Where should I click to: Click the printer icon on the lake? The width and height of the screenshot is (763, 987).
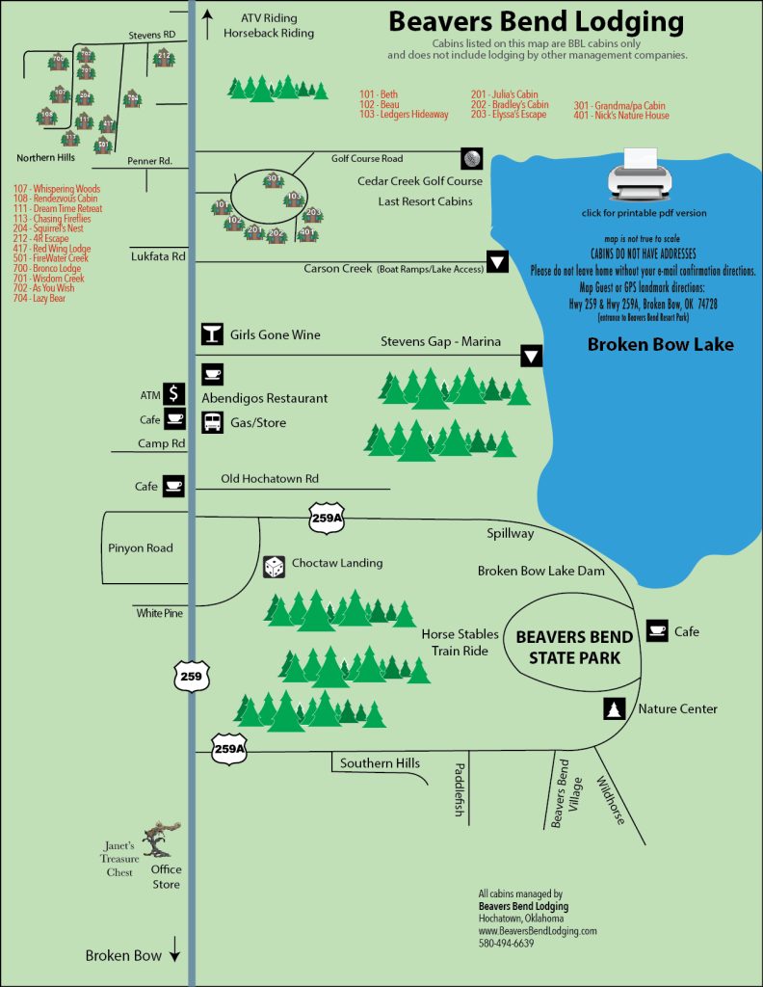pos(635,176)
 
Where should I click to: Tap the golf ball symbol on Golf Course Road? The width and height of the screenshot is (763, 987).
pos(470,158)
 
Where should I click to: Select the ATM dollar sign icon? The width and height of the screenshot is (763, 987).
pos(173,393)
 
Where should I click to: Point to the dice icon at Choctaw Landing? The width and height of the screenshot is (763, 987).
pos(275,567)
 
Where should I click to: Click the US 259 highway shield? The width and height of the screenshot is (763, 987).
pos(191,678)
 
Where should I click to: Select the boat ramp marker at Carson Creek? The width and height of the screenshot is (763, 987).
pos(497,261)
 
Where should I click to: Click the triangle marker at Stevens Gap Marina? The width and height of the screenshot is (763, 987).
pos(531,356)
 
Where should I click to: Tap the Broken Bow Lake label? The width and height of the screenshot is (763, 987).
pos(661,344)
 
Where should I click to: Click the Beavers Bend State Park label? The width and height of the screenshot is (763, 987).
pos(574,647)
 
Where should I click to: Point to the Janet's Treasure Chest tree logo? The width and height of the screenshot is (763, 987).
pos(159,840)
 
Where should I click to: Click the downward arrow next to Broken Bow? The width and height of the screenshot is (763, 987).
pos(174,955)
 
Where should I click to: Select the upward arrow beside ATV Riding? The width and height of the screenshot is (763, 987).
pos(206,19)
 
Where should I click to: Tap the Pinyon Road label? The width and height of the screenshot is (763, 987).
pos(141,547)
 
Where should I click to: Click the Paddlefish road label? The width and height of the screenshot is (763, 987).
pos(460,789)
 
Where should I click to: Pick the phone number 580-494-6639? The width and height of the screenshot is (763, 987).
pos(506,944)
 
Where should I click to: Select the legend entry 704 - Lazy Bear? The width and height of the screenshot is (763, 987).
pos(39,299)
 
